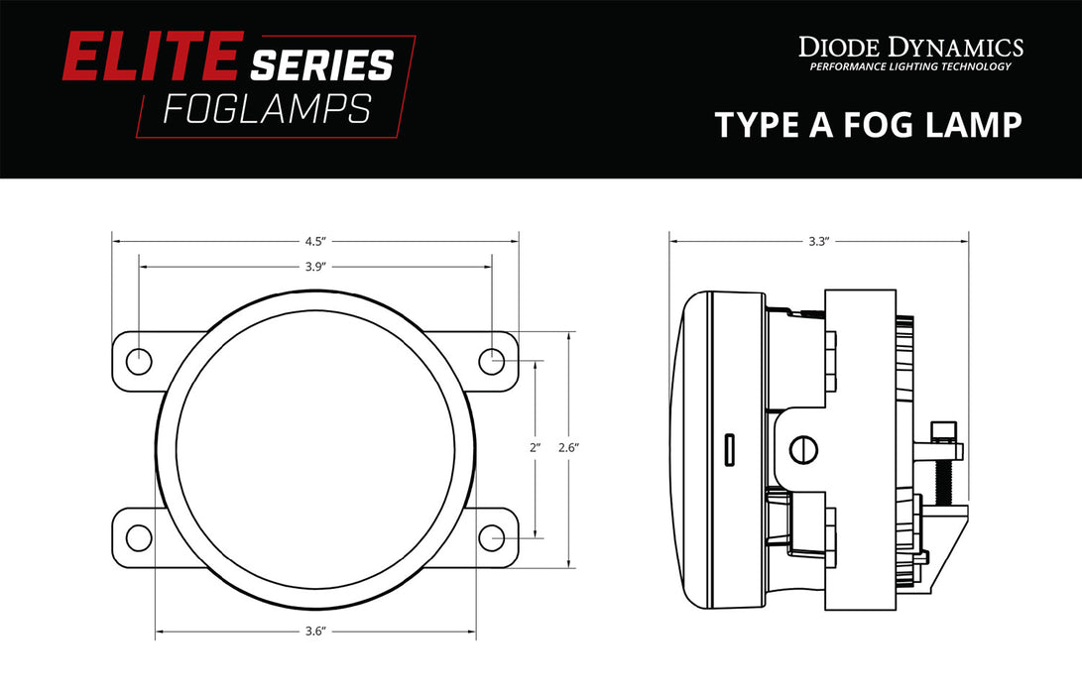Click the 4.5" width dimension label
point(316,240)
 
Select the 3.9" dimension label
point(316,266)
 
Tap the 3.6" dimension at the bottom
point(316,632)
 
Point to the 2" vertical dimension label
point(535,448)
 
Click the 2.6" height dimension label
point(567,448)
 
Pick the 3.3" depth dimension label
point(818,240)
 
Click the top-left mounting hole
point(139,361)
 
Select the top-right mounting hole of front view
point(492,361)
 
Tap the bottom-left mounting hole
point(139,537)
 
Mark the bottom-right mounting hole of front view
point(492,537)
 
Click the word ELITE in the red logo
point(152,58)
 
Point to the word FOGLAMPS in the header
point(267,109)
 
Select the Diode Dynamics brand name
point(910,47)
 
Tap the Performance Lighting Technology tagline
point(910,67)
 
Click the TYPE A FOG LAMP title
point(868,126)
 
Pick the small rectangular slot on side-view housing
point(729,449)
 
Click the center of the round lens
point(315,449)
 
